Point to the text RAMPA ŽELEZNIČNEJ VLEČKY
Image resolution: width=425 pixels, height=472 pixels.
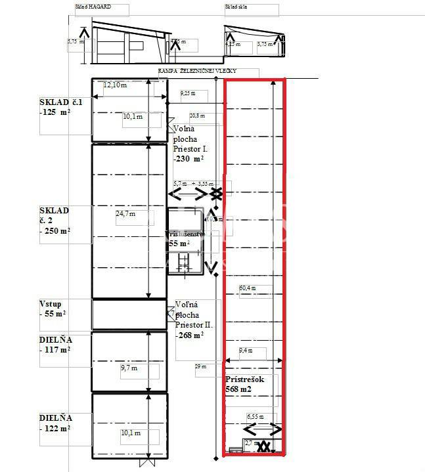coord(197,71)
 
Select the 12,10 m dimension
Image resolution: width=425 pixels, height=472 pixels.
coord(114,84)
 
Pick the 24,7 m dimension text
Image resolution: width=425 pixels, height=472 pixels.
coord(125,213)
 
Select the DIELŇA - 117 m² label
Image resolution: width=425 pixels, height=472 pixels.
coord(55,344)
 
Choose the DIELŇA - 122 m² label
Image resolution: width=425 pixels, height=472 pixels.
coord(55,422)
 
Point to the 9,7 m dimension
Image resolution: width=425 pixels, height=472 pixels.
coord(129,369)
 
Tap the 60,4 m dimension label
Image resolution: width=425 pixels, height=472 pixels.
coord(248,288)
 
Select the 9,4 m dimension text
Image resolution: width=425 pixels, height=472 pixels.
coord(245,351)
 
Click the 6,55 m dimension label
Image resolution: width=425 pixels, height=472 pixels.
coord(256,416)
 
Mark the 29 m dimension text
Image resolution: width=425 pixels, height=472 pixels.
coord(200,366)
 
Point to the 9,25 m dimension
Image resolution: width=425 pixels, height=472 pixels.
coord(187,94)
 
